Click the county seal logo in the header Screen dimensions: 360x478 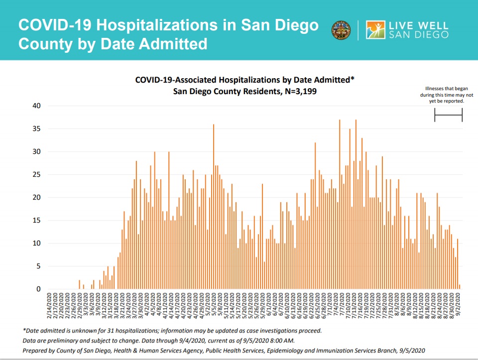(341, 30)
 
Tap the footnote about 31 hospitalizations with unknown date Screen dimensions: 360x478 (172, 330)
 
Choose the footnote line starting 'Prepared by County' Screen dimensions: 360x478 (224, 351)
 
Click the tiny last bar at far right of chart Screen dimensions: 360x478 (459, 287)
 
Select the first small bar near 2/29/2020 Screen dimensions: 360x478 (79, 284)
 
